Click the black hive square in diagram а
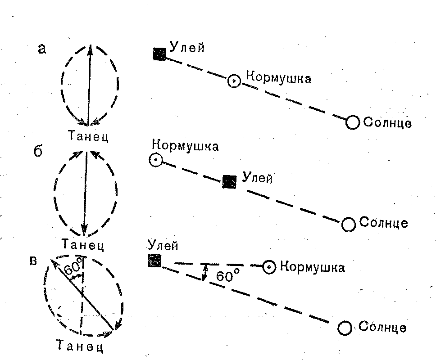click(159, 54)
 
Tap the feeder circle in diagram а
click(234, 81)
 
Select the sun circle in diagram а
click(353, 122)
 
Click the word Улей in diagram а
click(187, 47)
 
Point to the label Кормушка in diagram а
click(276, 79)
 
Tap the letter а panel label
click(41, 49)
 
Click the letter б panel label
click(38, 151)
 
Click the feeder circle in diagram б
click(155, 160)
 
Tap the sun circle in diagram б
click(349, 224)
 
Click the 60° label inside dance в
click(74, 269)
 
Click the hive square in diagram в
click(154, 261)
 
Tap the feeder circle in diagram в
click(269, 267)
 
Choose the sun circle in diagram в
click(345, 328)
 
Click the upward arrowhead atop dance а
click(91, 49)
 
